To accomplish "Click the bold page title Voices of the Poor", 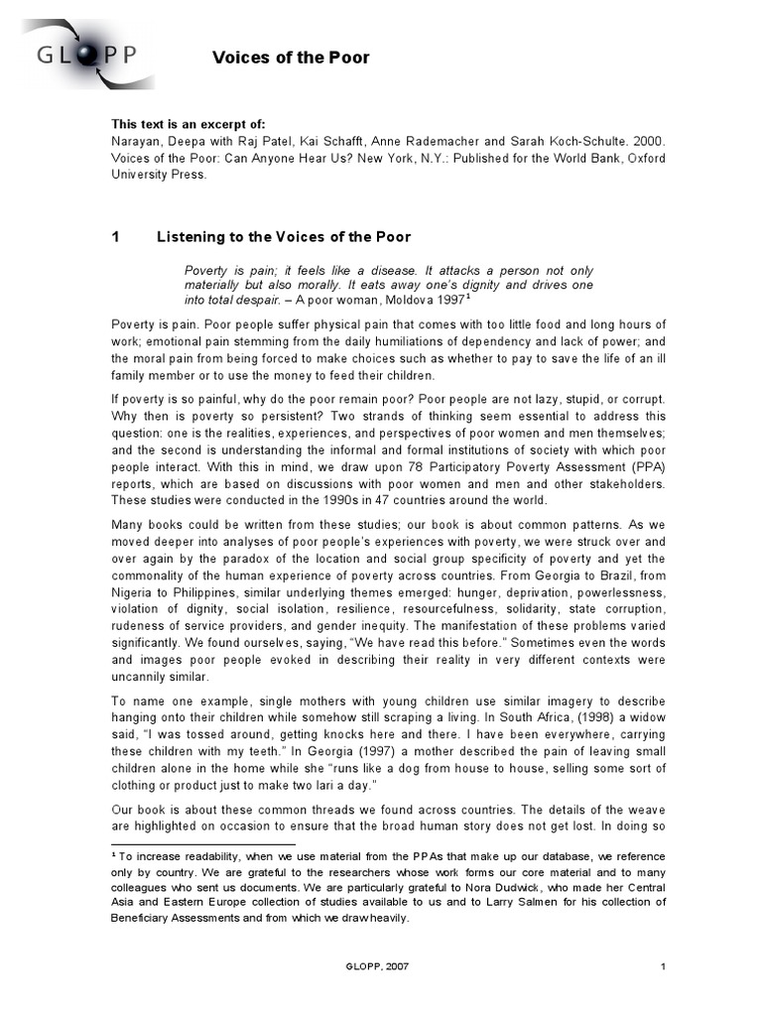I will (291, 58).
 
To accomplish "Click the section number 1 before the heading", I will (115, 237).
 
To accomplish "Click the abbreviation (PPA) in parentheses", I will (646, 466).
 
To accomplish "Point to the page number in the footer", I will (662, 965).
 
